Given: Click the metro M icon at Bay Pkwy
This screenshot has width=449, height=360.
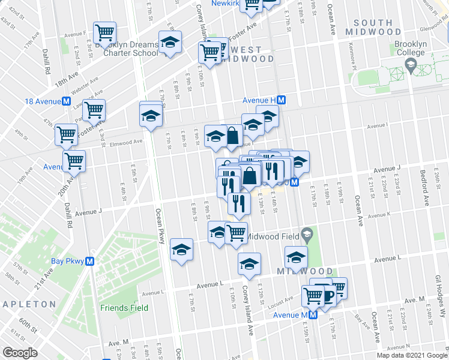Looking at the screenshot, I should [89, 262].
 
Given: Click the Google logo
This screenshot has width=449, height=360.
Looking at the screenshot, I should [19, 353].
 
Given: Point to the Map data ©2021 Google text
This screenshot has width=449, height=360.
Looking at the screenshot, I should [412, 355].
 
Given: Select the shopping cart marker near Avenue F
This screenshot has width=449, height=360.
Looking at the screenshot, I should [106, 33].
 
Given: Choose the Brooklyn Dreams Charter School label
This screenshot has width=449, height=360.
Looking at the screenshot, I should [130, 49].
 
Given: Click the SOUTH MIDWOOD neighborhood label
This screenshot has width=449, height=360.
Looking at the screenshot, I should [373, 28].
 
